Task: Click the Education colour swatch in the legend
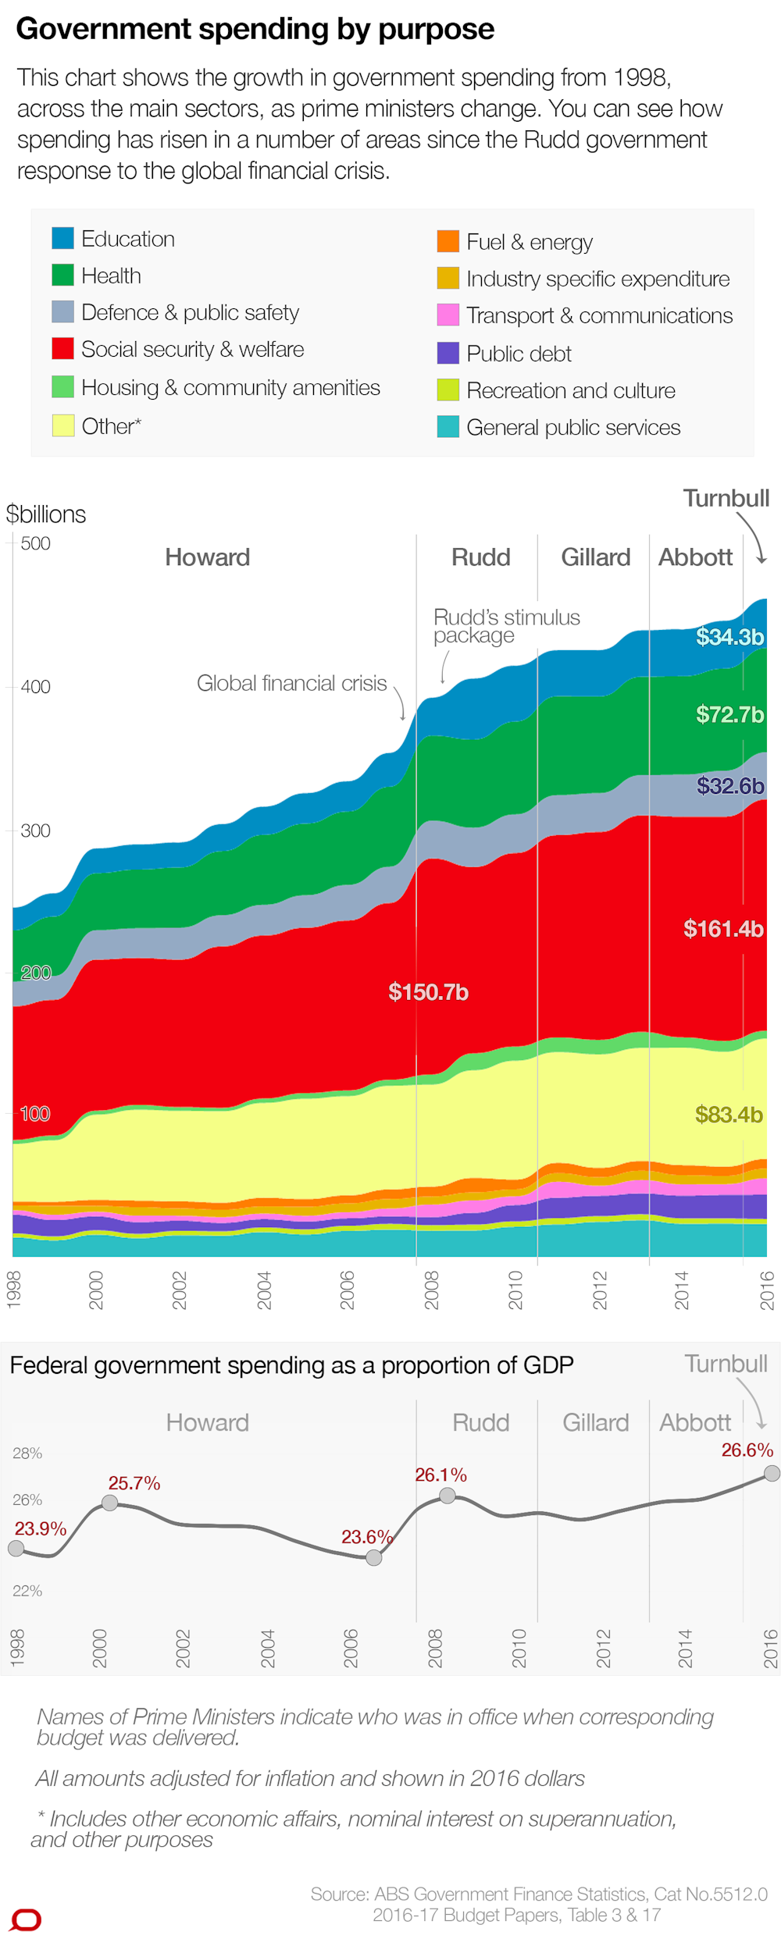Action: (62, 238)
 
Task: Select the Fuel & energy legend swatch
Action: (448, 241)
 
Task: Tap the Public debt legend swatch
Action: (448, 353)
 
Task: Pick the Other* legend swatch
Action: (62, 425)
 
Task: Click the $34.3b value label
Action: (729, 637)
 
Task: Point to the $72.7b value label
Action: (729, 714)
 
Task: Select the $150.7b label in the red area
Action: (428, 992)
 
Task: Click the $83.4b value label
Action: (728, 1115)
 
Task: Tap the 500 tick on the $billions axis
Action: (35, 543)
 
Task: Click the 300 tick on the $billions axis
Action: (35, 831)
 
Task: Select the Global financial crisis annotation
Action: (291, 683)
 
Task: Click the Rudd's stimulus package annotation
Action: (506, 626)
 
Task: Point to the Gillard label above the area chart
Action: (595, 557)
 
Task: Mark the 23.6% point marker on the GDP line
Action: (374, 1558)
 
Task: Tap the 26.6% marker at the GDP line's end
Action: (772, 1473)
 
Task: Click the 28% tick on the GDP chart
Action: (27, 1453)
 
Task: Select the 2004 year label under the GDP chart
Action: (267, 1648)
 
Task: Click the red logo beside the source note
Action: (27, 1919)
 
